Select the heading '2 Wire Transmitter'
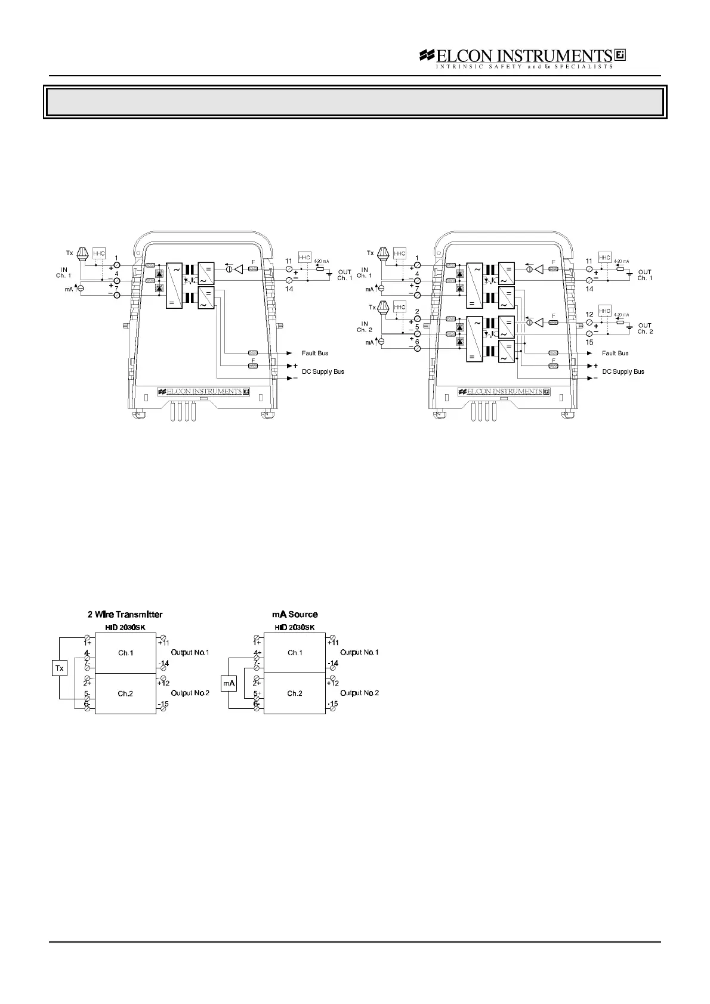point(125,614)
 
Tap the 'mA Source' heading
point(295,614)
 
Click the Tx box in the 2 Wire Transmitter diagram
point(59,668)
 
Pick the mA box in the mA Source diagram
point(229,683)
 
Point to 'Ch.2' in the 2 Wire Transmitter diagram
point(125,693)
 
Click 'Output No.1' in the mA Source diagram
point(359,652)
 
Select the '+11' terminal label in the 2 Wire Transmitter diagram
point(164,643)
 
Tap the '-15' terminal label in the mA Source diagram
point(332,704)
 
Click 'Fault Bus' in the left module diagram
point(314,354)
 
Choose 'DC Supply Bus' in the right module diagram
point(623,371)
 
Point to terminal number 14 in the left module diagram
point(289,289)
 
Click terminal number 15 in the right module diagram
point(589,342)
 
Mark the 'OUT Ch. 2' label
point(644,329)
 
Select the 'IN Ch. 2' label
point(365,327)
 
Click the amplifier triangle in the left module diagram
point(239,269)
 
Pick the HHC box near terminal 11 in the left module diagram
point(304,258)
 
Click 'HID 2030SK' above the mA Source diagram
point(295,627)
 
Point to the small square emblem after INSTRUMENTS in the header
point(619,55)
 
